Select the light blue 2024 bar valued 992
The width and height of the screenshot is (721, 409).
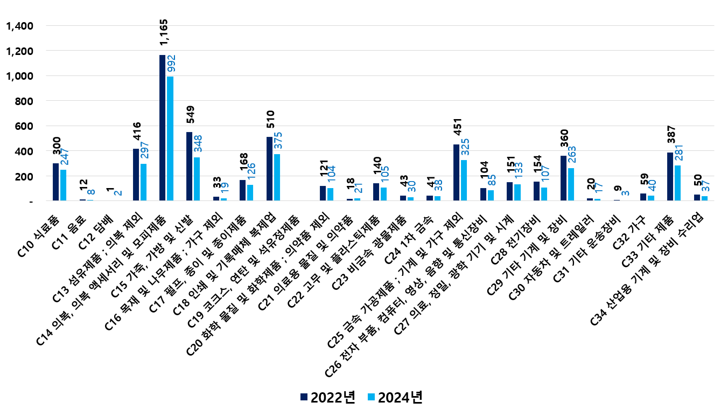[170, 138]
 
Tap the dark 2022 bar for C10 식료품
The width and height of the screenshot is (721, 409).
[56, 182]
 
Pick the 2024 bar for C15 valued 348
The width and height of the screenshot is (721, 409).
[197, 179]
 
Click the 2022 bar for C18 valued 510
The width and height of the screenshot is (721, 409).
[269, 169]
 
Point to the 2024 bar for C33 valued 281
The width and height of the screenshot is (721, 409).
[677, 183]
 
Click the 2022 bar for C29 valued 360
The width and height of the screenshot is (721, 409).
[563, 178]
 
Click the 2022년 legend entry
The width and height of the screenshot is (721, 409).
[327, 397]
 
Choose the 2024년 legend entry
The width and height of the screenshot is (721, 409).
[394, 397]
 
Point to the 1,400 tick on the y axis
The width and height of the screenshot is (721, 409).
[19, 26]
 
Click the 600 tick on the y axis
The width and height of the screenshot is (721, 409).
[24, 126]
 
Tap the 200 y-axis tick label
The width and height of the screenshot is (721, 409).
[24, 176]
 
